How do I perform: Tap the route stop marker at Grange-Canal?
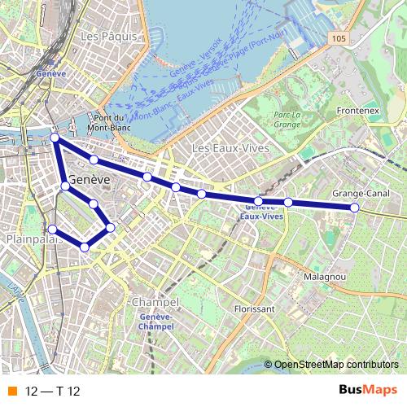[355, 208]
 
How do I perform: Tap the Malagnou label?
[325, 277]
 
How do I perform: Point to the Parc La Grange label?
[287, 120]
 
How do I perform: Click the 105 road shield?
[339, 37]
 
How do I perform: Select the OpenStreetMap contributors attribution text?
[335, 365]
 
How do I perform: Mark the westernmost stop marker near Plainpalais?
[52, 229]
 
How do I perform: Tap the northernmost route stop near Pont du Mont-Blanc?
[55, 138]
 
